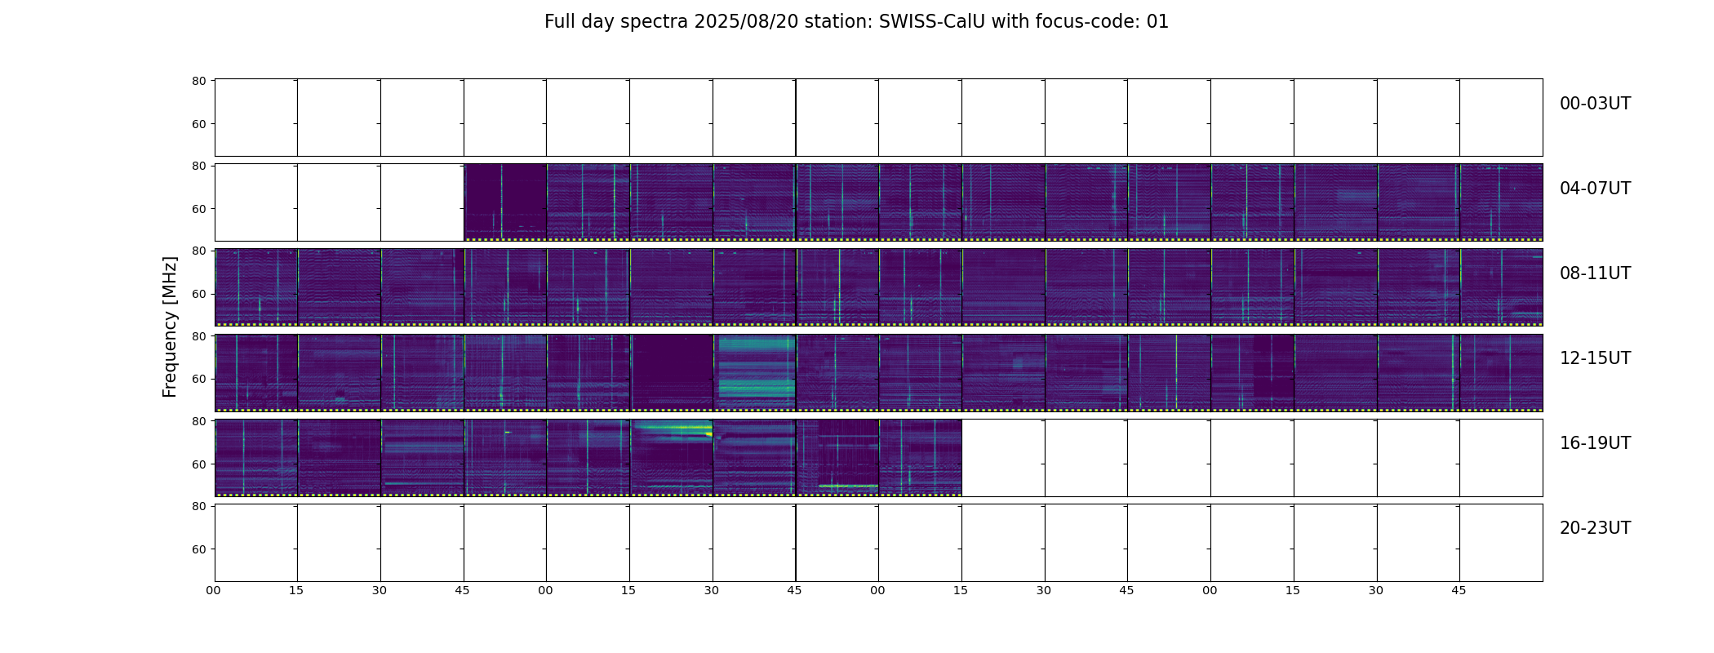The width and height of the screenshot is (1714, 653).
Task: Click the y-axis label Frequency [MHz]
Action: pos(170,326)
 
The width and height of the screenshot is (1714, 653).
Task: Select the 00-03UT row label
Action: pos(1595,104)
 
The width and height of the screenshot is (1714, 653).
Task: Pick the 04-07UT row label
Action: pos(1595,189)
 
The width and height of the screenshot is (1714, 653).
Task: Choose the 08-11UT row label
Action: pos(1595,273)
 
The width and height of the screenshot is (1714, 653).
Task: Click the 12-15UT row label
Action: pos(1595,358)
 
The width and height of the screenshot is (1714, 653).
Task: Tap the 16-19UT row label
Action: pos(1595,443)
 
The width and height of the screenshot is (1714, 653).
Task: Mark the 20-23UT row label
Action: pos(1595,528)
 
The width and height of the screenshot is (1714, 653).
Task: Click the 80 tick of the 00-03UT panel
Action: pos(198,81)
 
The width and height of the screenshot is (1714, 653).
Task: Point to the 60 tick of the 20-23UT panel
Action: pos(198,549)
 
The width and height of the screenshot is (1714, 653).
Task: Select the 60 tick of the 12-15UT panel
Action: pos(198,379)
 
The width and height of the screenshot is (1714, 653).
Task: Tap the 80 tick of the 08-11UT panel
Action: pos(198,251)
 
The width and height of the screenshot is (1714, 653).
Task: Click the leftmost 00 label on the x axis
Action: pos(213,590)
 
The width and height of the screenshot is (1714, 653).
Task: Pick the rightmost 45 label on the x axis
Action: pos(1459,590)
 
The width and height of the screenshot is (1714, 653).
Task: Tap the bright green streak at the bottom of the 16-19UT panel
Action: pos(848,486)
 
